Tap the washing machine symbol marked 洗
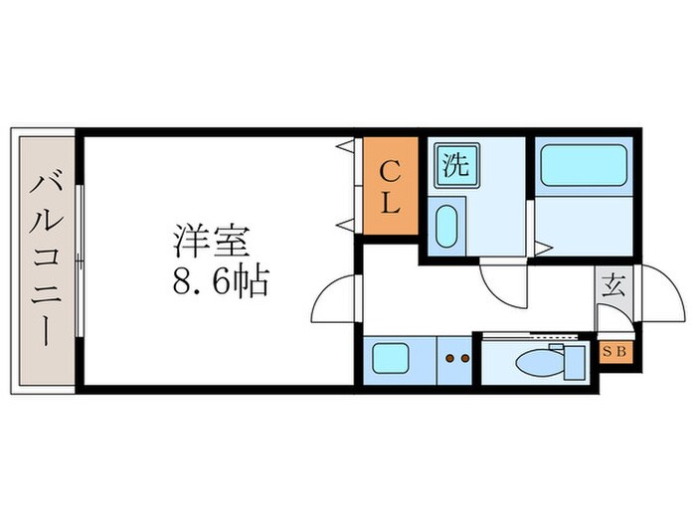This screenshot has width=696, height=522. click(x=454, y=164)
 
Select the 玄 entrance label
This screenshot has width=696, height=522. click(x=613, y=286)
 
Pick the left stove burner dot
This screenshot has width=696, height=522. click(x=449, y=357)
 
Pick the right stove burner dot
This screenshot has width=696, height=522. click(x=464, y=357)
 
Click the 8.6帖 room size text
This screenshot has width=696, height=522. click(x=221, y=284)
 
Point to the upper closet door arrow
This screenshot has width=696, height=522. click(x=344, y=148)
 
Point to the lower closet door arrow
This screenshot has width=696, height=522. click(x=344, y=223)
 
